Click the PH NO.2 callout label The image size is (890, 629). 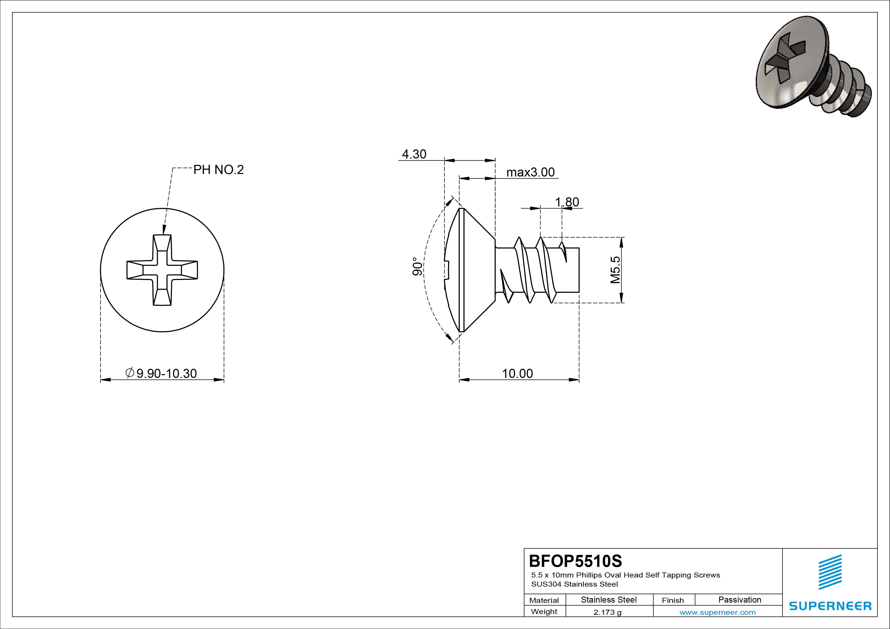[x=219, y=170]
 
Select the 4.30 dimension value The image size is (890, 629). [x=414, y=154]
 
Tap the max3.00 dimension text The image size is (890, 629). [x=531, y=172]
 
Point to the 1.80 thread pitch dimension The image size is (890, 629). [x=567, y=202]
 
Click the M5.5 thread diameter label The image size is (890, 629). [x=615, y=270]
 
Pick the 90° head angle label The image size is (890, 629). [x=417, y=267]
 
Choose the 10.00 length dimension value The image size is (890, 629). [x=518, y=374]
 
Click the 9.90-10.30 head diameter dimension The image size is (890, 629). [x=161, y=373]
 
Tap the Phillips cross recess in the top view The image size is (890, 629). [x=162, y=270]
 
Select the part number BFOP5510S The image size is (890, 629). [x=576, y=561]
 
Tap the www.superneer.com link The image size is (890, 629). [x=717, y=612]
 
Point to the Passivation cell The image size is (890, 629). [x=740, y=600]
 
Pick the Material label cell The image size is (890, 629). [x=544, y=600]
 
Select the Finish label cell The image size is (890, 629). [x=673, y=600]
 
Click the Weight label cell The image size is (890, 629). [x=544, y=611]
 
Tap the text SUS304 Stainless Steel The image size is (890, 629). [x=574, y=584]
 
